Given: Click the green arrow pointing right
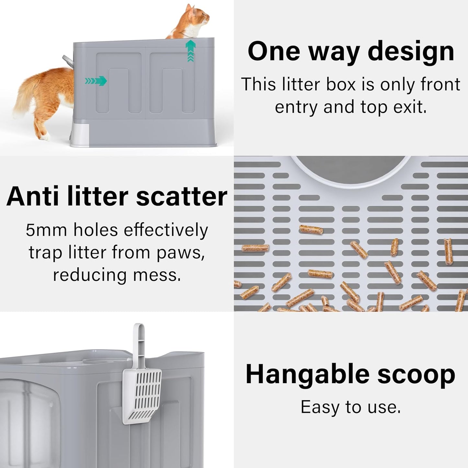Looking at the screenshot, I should tap(96, 81).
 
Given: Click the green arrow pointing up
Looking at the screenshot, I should tap(190, 50).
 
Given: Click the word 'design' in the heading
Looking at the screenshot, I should tap(411, 52).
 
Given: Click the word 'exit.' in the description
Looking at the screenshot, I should tap(410, 107).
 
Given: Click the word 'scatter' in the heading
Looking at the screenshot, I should tap(181, 197).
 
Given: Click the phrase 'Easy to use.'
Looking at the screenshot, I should tap(351, 407).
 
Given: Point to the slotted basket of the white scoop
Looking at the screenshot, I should tap(143, 397).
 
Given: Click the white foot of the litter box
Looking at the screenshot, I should tap(79, 134).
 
